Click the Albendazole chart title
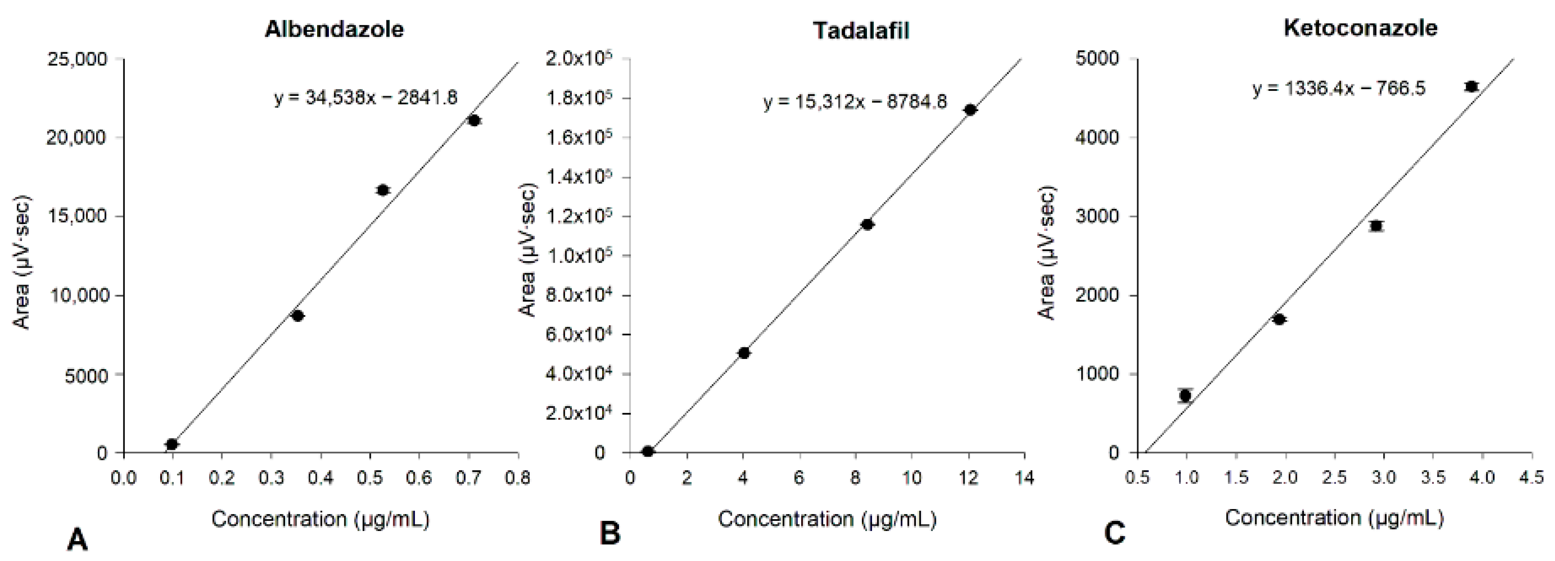[x=334, y=29]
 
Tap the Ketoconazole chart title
[x=1360, y=28]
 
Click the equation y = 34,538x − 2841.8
[x=366, y=97]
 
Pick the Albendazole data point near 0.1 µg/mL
[x=172, y=444]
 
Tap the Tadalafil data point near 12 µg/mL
[x=970, y=109]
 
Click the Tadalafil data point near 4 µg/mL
[x=744, y=353]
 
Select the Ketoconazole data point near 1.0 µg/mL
[x=1185, y=395]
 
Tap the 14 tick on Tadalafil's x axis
[x=1024, y=478]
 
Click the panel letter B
[x=610, y=534]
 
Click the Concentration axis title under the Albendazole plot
[x=320, y=519]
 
